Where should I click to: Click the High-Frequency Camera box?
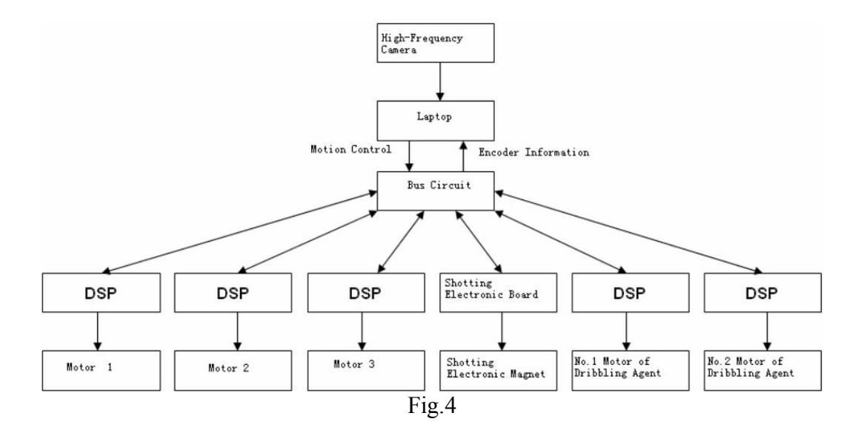click(x=435, y=42)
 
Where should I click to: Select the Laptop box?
click(x=435, y=120)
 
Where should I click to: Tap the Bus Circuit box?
click(x=435, y=191)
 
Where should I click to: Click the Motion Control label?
click(x=351, y=150)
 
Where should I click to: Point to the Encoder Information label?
click(x=534, y=152)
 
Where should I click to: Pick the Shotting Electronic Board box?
click(x=498, y=292)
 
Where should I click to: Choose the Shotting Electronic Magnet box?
click(x=498, y=370)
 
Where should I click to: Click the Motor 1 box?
click(x=102, y=370)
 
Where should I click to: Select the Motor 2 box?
click(x=233, y=370)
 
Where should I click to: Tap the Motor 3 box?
click(x=366, y=370)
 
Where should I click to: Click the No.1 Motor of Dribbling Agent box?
click(x=631, y=370)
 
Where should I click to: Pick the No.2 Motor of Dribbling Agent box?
click(x=762, y=370)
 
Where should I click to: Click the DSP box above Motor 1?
click(x=102, y=292)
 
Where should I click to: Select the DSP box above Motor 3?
click(x=366, y=292)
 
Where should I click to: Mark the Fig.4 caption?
click(x=432, y=406)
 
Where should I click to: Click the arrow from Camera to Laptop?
click(x=439, y=82)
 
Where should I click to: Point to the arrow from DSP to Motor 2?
click(x=238, y=331)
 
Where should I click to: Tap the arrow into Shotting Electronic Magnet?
click(x=502, y=331)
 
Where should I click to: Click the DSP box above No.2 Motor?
click(x=762, y=292)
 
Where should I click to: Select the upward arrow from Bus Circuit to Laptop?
click(x=463, y=156)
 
